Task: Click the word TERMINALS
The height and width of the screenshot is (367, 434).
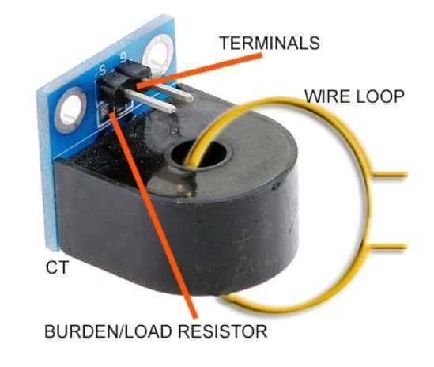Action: coord(270,43)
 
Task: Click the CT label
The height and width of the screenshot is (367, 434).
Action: coord(57,267)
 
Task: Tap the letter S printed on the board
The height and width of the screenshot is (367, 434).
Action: coord(103,70)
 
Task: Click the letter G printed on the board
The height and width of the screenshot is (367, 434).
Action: coord(123,58)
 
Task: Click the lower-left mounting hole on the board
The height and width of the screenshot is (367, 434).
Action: coord(70,108)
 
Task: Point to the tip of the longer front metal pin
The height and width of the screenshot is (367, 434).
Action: coord(173,109)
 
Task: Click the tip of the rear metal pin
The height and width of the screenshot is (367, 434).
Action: coord(191,98)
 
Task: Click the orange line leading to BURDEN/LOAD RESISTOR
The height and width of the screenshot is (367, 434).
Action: coord(154,215)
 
